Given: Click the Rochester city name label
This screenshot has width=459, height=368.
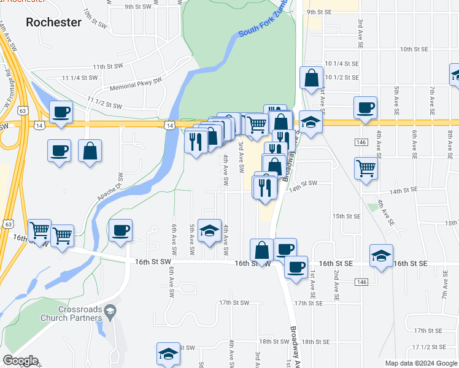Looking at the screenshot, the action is click(x=54, y=22).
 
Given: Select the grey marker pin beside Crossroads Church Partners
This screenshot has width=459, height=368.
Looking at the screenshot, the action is click(x=110, y=310).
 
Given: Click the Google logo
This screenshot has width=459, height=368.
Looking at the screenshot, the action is click(x=20, y=361).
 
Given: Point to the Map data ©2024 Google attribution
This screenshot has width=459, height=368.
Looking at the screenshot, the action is click(x=420, y=363).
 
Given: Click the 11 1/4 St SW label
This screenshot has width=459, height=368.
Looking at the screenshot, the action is click(x=80, y=78).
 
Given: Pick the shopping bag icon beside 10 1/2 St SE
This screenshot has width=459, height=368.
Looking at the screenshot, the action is click(x=312, y=78).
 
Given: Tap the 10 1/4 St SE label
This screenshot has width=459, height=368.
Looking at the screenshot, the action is click(x=342, y=64).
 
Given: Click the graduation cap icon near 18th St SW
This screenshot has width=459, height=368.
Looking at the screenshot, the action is click(x=168, y=354).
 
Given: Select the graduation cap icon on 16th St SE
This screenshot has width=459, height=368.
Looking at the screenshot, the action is click(x=381, y=256).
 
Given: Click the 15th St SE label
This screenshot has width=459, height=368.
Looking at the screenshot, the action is click(x=346, y=217).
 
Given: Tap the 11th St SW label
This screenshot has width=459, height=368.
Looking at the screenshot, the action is click(x=108, y=66).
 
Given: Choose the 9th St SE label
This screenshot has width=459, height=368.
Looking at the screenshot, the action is click(x=319, y=12).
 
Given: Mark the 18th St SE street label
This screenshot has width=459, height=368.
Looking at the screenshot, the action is click(x=316, y=342).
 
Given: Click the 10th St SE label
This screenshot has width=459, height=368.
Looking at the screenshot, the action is click(x=413, y=49).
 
